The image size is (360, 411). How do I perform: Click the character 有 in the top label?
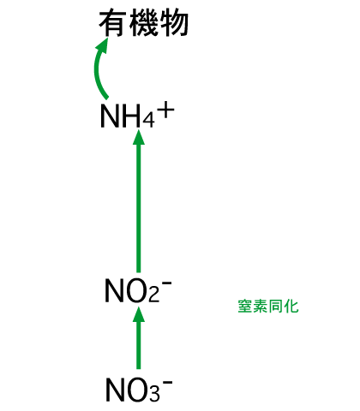112,24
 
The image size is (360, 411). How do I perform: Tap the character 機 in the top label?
144,24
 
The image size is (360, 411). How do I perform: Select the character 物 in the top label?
174,24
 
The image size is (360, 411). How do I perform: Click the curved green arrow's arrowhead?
102,45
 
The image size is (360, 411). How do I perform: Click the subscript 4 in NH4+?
148,120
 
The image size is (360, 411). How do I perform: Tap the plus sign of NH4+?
167,110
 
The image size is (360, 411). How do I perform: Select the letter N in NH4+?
109,116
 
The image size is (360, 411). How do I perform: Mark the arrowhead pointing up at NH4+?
139,137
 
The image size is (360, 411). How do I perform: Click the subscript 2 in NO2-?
153,295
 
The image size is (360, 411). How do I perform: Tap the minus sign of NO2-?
167,283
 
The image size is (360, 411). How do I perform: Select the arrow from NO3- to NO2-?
139,337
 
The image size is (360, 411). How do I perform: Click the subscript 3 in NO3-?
154,394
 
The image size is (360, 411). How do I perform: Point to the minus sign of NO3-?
168,382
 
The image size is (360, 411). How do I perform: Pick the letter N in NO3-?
115,390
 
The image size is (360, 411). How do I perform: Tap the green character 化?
291,307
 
